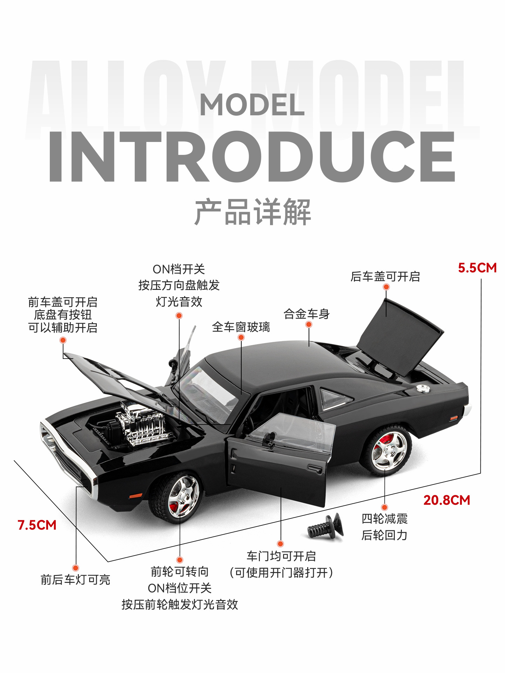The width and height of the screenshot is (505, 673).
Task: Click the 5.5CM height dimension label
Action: [x=477, y=268]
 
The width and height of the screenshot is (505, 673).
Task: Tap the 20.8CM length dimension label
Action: [x=446, y=500]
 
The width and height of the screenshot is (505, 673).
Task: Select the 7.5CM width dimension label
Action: [x=37, y=525]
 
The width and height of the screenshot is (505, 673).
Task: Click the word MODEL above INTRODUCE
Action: [x=252, y=105]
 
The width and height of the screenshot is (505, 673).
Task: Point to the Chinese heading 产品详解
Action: [x=252, y=212]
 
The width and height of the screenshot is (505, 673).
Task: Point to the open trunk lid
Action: [x=400, y=335]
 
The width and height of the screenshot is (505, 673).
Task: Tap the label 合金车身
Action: [x=307, y=314]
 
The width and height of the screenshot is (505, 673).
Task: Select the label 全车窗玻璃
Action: [x=241, y=327]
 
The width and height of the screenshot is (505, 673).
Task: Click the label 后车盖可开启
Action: [x=385, y=277]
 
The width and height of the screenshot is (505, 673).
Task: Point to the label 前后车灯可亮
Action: [x=75, y=580]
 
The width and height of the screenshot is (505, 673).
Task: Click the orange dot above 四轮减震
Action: [x=384, y=507]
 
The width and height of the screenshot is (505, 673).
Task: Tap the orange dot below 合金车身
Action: [x=309, y=325]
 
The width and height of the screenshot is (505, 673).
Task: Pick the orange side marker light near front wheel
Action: [x=135, y=496]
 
